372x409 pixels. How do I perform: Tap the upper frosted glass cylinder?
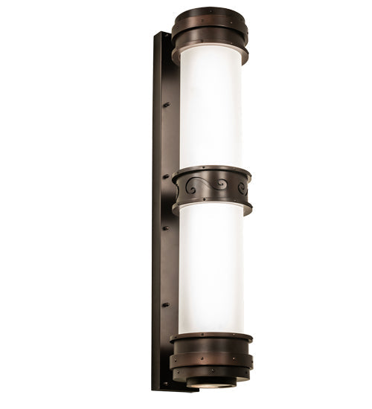click(211, 108)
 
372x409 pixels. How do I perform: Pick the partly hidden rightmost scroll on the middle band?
click(242, 188)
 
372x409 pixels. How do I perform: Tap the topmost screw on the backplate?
click(167, 104)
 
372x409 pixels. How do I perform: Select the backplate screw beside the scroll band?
click(167, 175)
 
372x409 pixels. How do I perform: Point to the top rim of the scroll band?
click(211, 172)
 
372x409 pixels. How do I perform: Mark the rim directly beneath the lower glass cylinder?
click(211, 337)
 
